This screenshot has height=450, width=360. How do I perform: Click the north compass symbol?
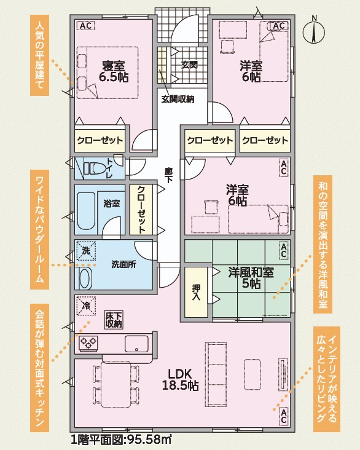(314, 30)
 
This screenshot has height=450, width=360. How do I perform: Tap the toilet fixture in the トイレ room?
(93, 168)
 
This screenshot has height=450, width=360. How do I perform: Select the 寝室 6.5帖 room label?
(114, 71)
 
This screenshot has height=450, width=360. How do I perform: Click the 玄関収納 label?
(178, 99)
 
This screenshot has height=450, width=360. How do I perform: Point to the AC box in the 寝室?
(86, 26)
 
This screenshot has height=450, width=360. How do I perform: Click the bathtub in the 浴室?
(86, 211)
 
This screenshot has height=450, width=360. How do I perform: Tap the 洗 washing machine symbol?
(86, 251)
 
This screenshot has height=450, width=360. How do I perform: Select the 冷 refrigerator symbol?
(86, 306)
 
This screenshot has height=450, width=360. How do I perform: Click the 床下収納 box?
(114, 320)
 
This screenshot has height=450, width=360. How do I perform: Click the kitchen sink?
(136, 344)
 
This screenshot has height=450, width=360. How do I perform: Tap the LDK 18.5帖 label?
(180, 379)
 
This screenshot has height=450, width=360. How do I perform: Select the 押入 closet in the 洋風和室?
(196, 292)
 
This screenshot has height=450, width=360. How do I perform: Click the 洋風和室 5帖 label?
(251, 278)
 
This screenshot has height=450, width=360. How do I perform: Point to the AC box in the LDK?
(284, 416)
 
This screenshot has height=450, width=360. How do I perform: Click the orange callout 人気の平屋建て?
(39, 55)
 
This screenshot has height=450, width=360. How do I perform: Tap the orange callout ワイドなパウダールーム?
(39, 229)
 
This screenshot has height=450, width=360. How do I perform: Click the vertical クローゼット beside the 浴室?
(141, 210)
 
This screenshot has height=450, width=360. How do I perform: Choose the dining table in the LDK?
(116, 385)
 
